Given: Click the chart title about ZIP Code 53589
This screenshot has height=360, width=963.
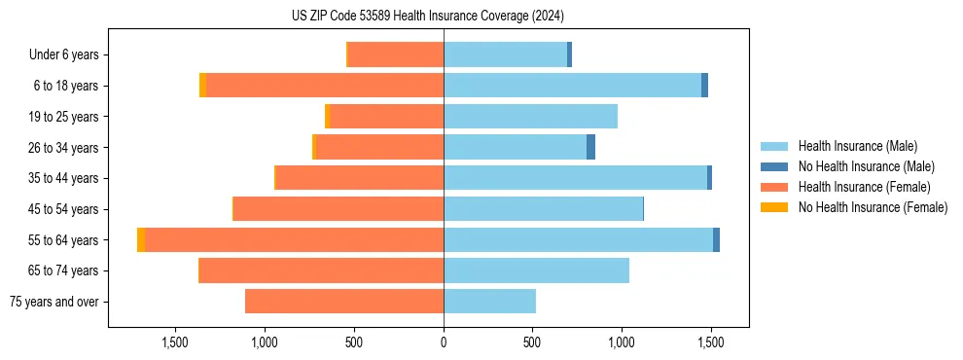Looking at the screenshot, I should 481,16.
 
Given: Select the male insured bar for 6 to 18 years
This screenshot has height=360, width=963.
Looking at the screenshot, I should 572,86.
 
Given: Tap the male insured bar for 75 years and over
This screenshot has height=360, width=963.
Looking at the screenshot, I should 489,302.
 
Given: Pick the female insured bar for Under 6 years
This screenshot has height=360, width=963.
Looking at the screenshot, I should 396,55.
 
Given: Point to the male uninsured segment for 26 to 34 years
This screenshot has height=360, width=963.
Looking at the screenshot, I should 590,148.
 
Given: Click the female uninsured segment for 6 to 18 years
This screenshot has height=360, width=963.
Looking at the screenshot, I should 202,86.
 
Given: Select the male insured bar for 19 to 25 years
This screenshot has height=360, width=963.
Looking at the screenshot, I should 530,117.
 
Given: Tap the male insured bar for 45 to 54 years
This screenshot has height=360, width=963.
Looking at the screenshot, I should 543,209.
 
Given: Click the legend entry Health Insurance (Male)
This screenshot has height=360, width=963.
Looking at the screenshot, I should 857,146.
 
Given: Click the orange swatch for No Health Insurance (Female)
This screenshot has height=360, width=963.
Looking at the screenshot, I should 774,207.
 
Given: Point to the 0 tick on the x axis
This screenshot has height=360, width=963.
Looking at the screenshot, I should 444,342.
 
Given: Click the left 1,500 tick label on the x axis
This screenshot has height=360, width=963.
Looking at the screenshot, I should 175,342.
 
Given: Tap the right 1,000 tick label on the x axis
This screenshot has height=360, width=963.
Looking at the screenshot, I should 622,342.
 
